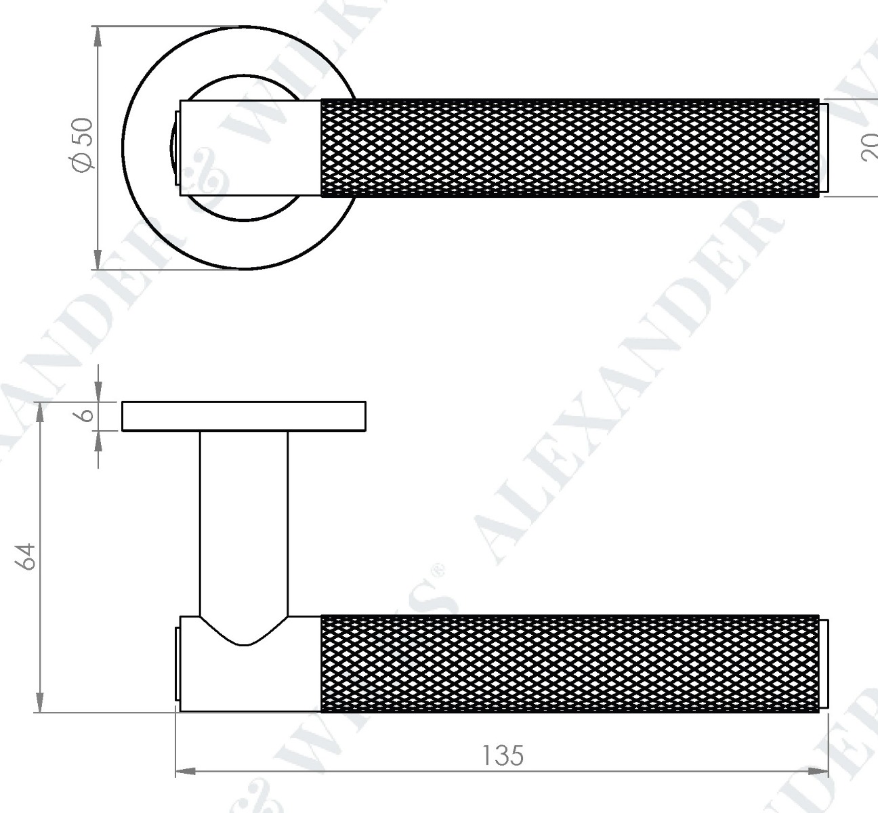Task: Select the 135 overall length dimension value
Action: point(503,755)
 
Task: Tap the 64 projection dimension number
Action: point(26,556)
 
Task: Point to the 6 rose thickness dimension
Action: point(86,415)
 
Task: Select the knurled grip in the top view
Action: point(569,148)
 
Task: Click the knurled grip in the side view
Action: point(569,664)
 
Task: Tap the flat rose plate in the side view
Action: point(244,416)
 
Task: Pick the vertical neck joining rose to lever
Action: point(244,522)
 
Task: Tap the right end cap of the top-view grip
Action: point(824,148)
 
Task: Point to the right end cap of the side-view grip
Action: point(824,664)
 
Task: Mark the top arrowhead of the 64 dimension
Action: point(40,411)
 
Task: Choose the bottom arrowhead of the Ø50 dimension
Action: point(98,260)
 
